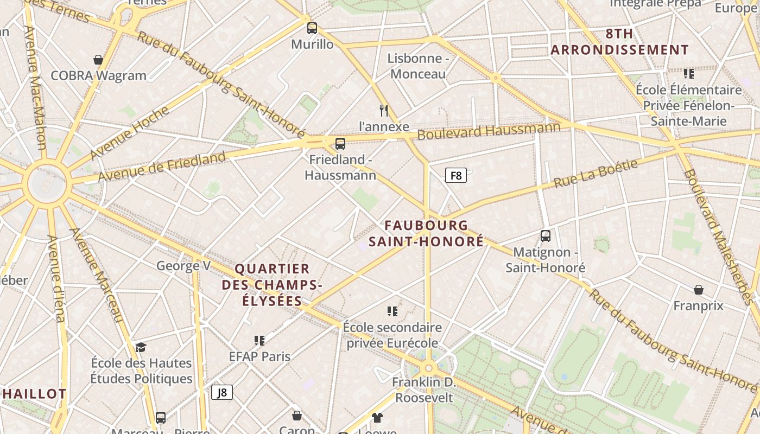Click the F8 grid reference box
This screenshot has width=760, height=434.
(x=456, y=175)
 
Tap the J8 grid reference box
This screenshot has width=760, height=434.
(x=222, y=392)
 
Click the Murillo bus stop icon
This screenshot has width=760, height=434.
(x=312, y=28)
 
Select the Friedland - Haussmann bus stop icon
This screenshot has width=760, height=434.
(x=340, y=144)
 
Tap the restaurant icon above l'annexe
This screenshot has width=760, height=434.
(x=384, y=111)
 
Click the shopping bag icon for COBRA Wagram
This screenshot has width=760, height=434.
(x=98, y=60)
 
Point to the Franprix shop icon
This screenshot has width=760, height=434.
(x=699, y=290)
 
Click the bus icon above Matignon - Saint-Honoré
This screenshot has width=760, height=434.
(x=546, y=236)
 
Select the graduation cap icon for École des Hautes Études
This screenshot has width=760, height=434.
(x=141, y=347)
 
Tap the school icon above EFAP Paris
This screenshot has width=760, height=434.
(x=259, y=341)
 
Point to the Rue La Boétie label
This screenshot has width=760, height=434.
(x=596, y=173)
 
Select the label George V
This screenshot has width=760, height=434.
(x=183, y=266)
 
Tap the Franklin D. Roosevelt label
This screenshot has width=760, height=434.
(x=423, y=390)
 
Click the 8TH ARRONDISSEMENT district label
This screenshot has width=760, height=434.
(x=619, y=42)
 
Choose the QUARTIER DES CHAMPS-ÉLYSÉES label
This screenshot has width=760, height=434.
(x=272, y=285)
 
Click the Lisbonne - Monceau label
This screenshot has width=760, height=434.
(x=418, y=66)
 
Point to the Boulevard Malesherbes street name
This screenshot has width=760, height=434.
(x=720, y=237)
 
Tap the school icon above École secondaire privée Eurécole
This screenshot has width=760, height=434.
(x=392, y=311)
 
